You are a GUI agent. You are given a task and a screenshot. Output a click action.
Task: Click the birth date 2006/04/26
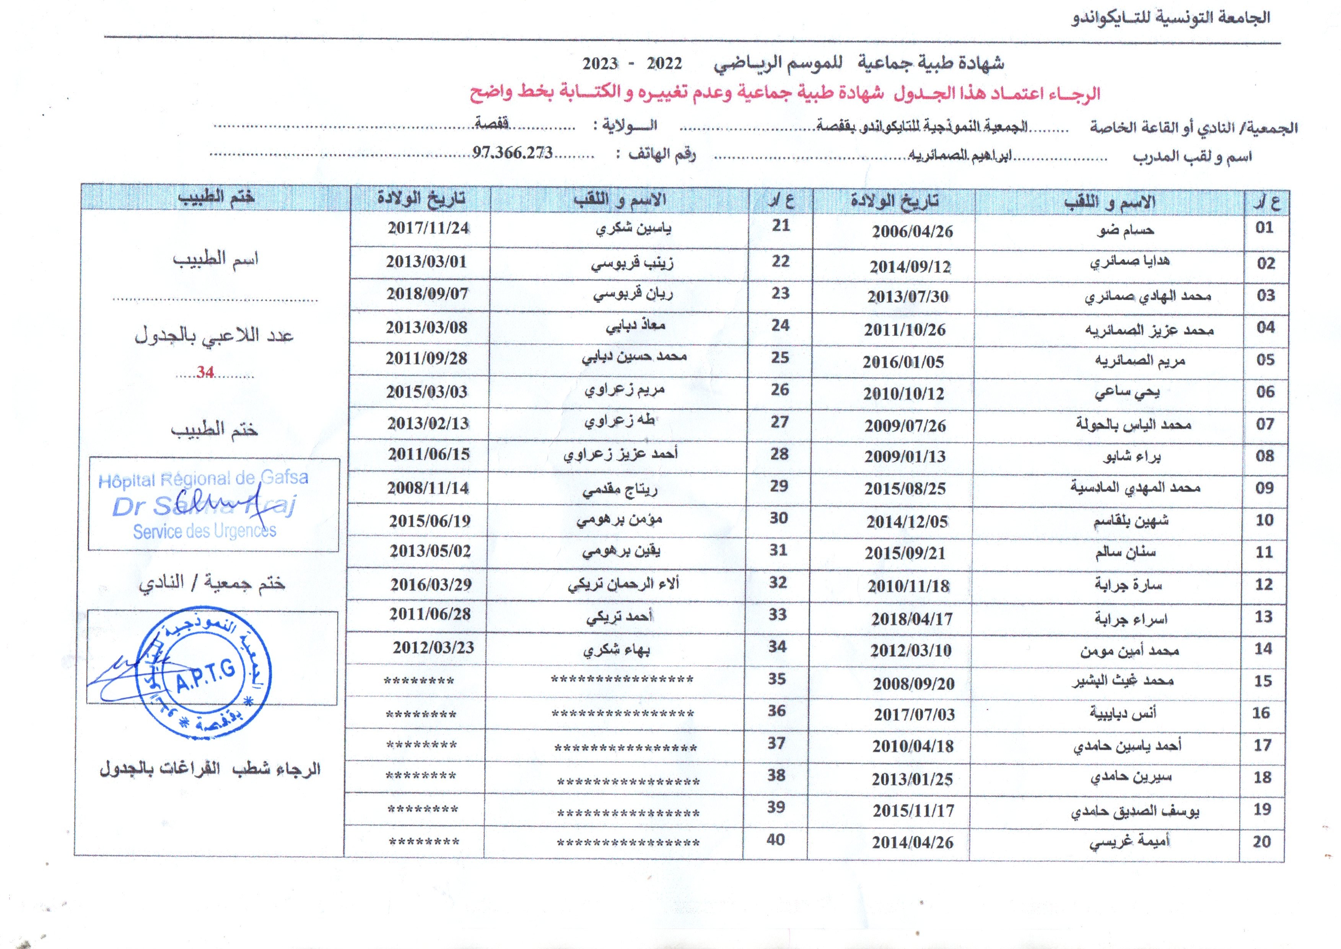(912, 231)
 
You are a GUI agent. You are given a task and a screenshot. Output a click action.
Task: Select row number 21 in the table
(781, 226)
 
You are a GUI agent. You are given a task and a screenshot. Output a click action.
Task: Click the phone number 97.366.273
(513, 153)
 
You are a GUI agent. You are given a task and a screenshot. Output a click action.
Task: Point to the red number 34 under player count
(205, 372)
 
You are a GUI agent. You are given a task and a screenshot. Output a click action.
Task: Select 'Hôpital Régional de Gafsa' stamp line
(203, 479)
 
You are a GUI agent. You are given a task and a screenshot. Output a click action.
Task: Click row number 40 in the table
(775, 840)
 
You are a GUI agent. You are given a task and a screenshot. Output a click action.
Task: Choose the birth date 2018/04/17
(911, 619)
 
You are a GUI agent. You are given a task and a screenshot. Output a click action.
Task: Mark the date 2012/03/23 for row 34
(433, 648)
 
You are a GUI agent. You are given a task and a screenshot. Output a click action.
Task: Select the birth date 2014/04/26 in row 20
(913, 842)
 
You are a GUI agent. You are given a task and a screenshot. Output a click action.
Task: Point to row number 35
(776, 679)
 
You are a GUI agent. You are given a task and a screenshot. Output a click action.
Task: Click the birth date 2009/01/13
(905, 456)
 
